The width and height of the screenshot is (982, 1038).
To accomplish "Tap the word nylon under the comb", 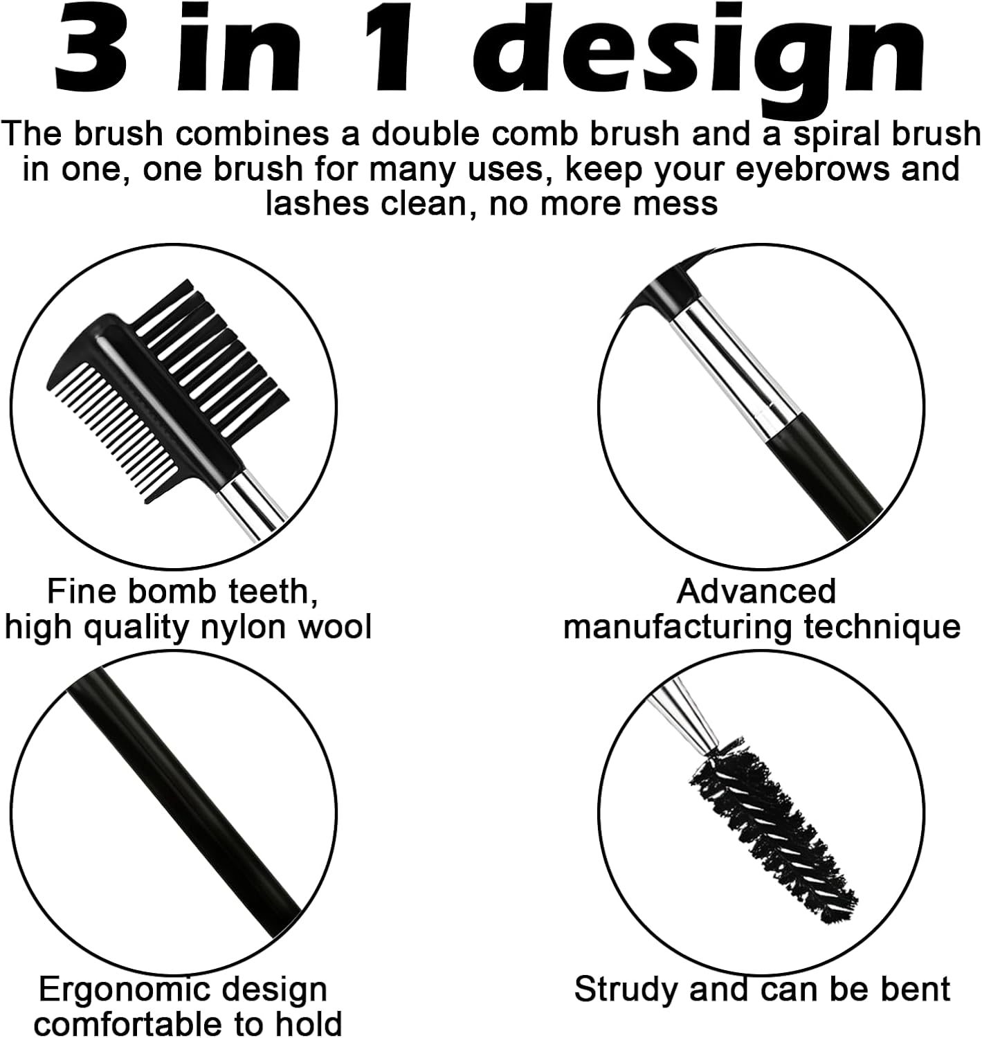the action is [244, 627].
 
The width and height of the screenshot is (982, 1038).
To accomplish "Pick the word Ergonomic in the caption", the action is [115, 990].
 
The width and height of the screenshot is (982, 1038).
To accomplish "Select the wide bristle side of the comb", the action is [208, 339].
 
